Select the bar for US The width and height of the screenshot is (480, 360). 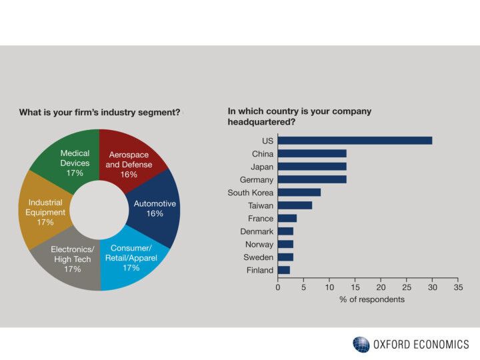(355, 141)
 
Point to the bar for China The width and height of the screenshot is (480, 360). (312, 153)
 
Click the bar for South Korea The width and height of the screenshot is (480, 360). (299, 193)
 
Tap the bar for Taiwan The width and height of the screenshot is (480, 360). (295, 205)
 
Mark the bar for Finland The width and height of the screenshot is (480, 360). (284, 270)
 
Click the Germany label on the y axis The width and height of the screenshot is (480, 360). (256, 179)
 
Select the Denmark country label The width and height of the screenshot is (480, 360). (257, 231)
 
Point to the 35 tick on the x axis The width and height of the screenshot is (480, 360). (458, 287)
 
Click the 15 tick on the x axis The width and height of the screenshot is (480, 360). (355, 287)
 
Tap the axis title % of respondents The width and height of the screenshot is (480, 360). (371, 299)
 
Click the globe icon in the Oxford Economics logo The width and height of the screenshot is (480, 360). (361, 345)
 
